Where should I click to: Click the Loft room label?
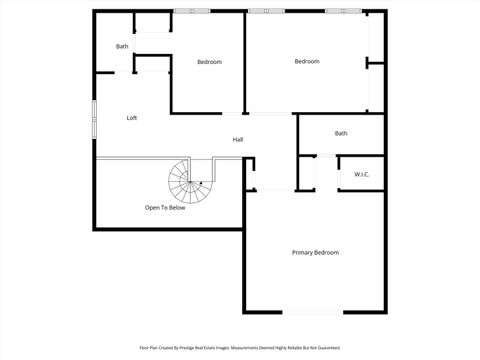tap(131, 118)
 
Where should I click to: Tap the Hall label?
tap(238, 139)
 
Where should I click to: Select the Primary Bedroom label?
tap(315, 252)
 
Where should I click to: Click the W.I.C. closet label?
tap(361, 174)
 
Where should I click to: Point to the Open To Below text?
tap(165, 208)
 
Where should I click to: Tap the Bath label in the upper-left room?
tap(122, 46)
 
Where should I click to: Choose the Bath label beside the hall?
tap(341, 133)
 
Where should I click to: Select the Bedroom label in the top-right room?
tap(306, 62)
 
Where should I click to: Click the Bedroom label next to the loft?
tap(209, 62)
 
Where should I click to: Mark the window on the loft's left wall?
tap(94, 118)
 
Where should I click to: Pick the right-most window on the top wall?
tap(343, 11)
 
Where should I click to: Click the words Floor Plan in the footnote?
tap(149, 348)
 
